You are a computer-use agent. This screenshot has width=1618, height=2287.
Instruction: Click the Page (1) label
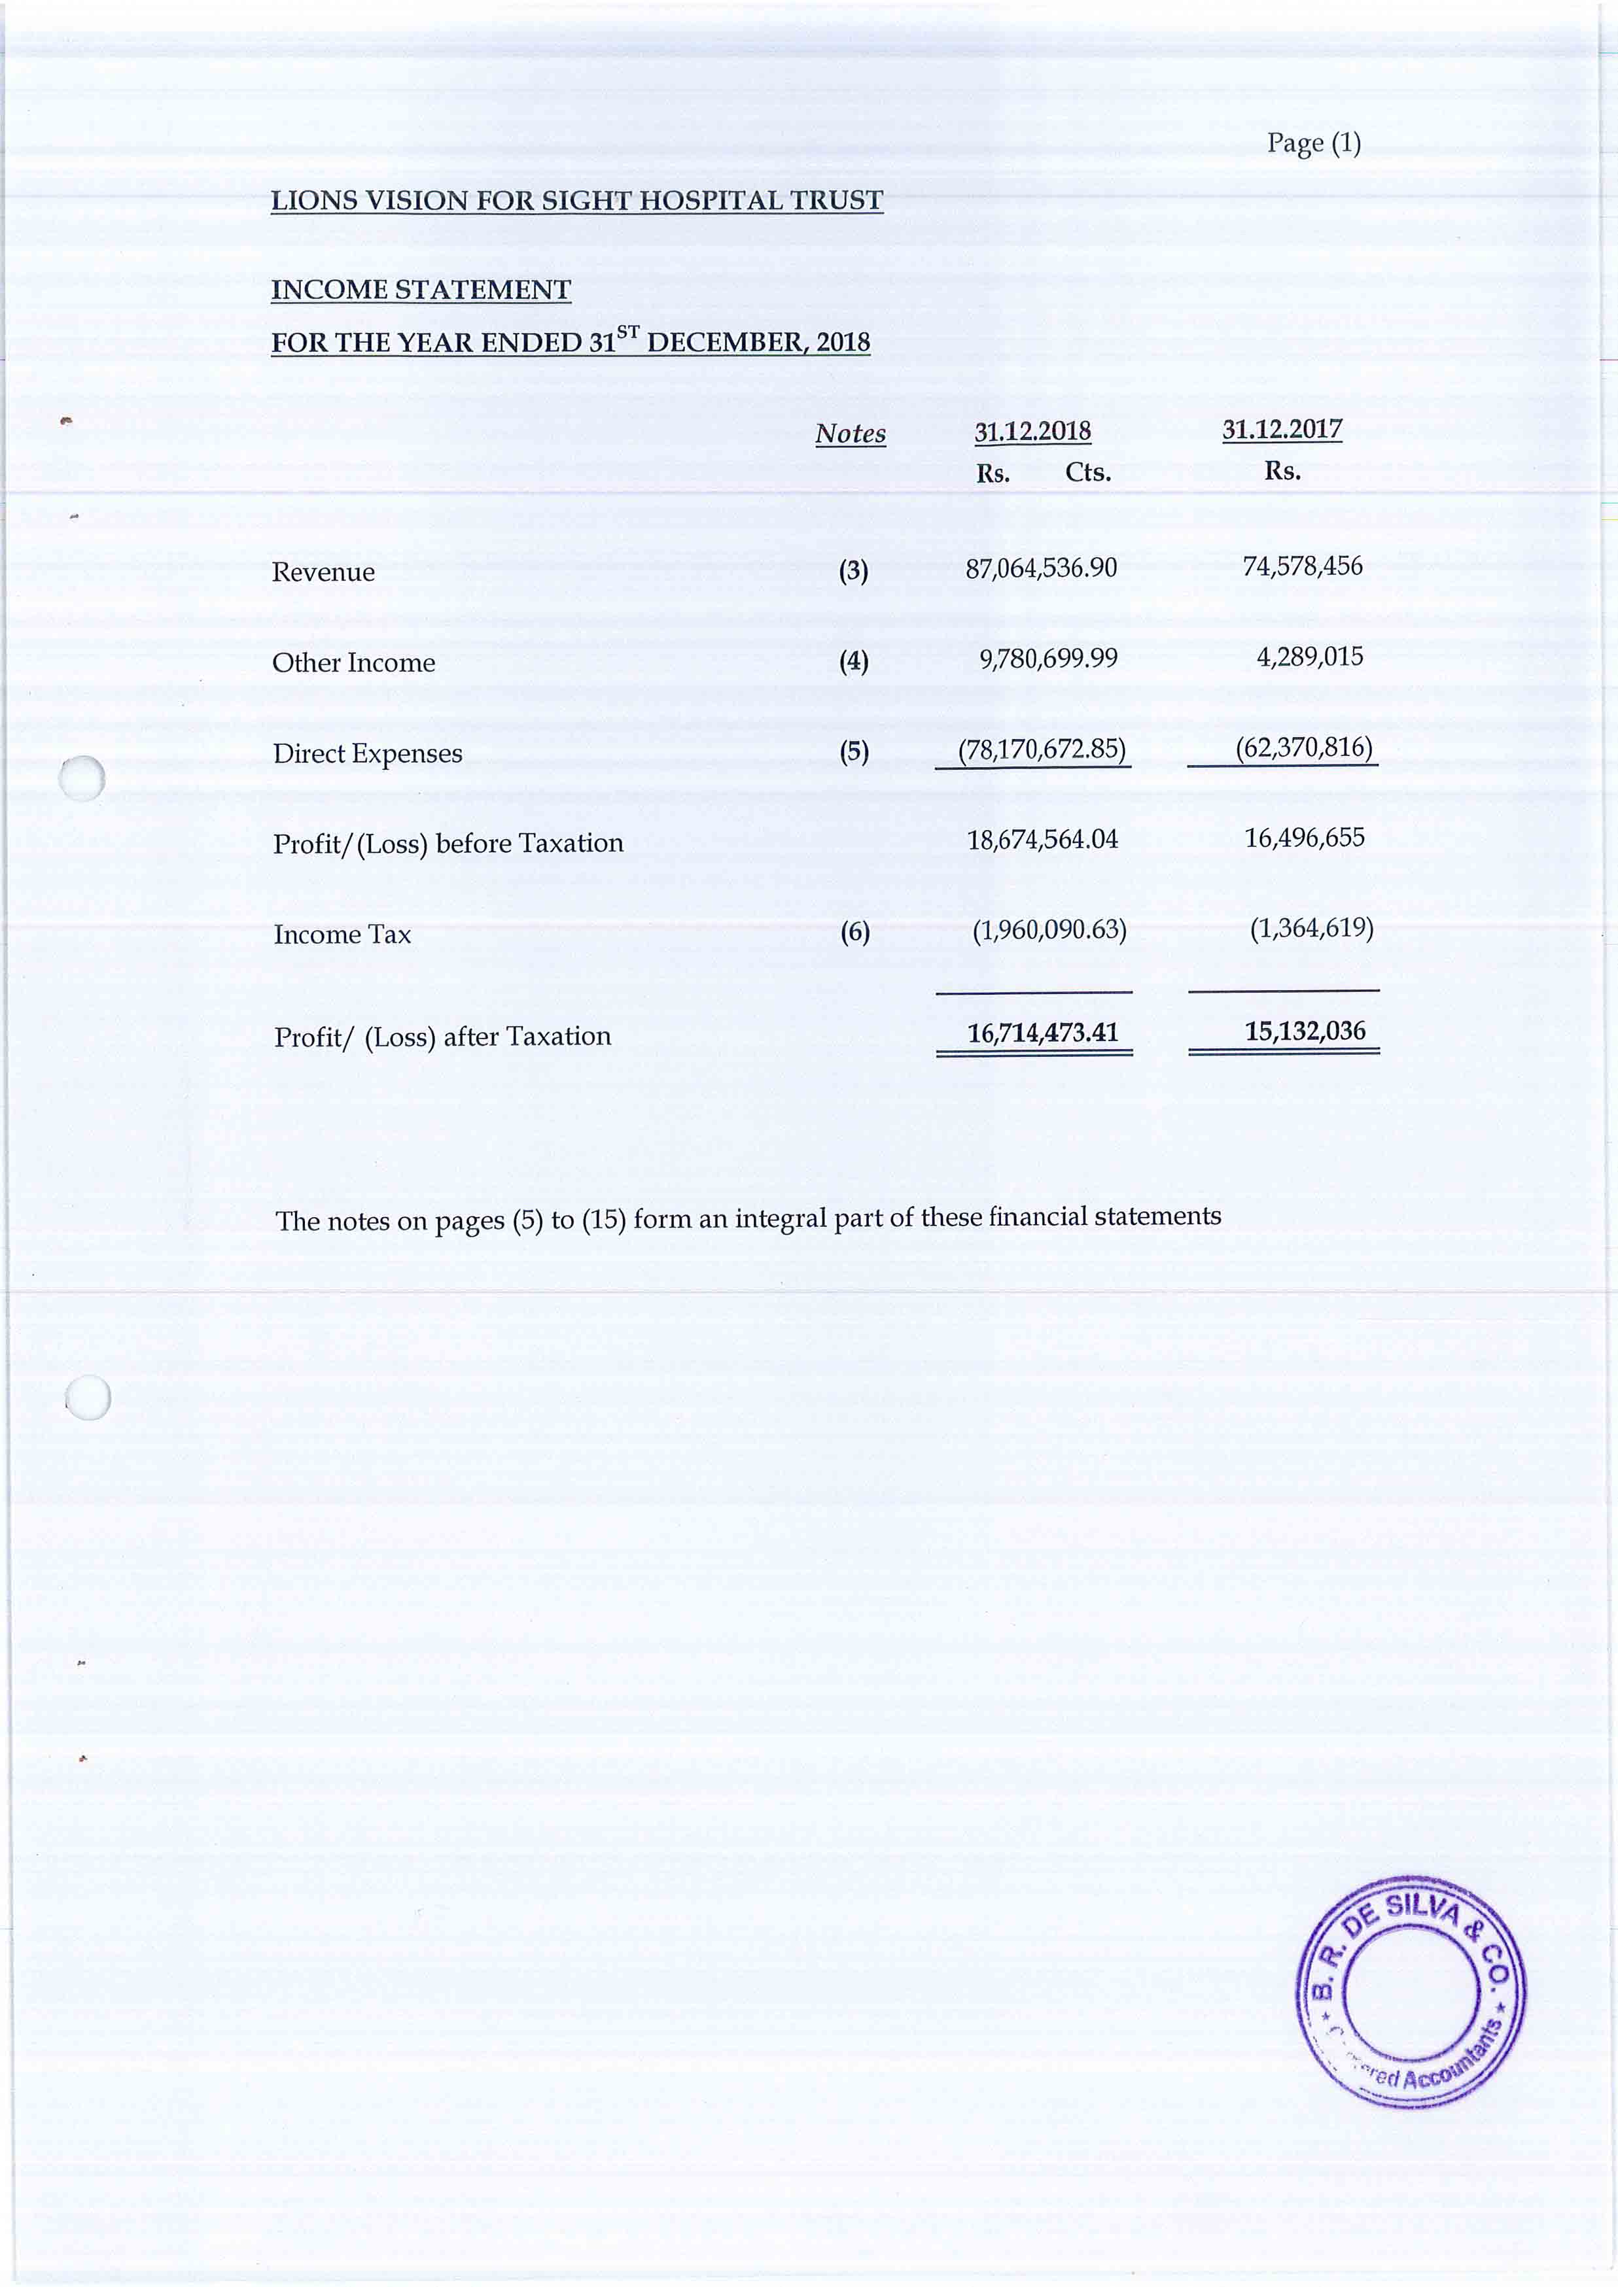(x=1313, y=143)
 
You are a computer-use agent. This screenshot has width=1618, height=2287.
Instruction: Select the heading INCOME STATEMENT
(x=421, y=290)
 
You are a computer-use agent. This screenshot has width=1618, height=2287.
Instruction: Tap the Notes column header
(x=850, y=434)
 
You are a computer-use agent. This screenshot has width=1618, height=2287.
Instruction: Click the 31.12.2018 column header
(x=1032, y=431)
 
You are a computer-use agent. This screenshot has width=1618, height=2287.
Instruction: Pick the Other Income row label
(x=354, y=662)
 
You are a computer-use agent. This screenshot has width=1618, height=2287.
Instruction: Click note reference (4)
(x=854, y=661)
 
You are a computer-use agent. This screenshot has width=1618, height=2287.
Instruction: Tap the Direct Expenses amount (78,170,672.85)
(x=1041, y=749)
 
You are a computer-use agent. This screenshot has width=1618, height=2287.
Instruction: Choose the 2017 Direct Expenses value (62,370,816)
(x=1303, y=747)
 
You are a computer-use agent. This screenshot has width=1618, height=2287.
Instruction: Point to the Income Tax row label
(x=342, y=935)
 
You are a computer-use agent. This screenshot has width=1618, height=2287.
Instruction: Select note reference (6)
(x=855, y=933)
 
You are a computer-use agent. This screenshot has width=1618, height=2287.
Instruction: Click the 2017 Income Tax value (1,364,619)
(x=1311, y=929)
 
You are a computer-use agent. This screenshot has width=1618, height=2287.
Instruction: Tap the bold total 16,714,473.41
(x=1042, y=1032)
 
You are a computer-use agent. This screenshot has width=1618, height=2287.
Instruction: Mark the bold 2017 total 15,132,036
(x=1304, y=1030)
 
